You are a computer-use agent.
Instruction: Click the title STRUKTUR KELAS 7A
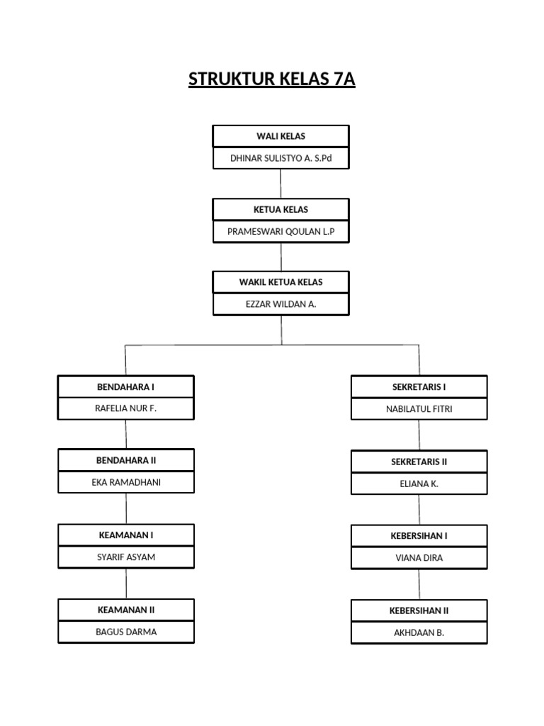pos(271,79)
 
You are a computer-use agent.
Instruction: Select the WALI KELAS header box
pos(280,136)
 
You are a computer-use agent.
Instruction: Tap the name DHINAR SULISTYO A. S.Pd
pos(280,158)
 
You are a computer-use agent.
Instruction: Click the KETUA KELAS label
pos(280,210)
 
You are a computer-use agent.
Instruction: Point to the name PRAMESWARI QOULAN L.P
pos(280,232)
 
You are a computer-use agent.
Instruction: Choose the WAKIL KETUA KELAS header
pos(280,282)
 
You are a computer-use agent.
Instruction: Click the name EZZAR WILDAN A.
pos(280,304)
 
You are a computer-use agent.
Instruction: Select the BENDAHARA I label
pos(125,387)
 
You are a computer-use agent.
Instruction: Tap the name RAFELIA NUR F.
pos(125,408)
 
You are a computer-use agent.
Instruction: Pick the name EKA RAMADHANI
pos(125,482)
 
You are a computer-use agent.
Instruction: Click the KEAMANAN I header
pos(125,535)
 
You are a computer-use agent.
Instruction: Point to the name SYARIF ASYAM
pos(125,557)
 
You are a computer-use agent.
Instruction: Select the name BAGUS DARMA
pos(125,632)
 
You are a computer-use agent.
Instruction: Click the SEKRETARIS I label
pos(419,387)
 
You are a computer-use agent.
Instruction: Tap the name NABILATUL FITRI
pos(419,409)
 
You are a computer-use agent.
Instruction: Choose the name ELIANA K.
pos(419,484)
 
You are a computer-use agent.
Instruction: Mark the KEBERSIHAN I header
pos(419,536)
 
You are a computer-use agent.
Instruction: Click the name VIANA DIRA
pos(419,558)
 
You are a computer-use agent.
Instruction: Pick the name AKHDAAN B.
pos(419,632)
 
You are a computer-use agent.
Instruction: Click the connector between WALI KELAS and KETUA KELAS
pos(280,184)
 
